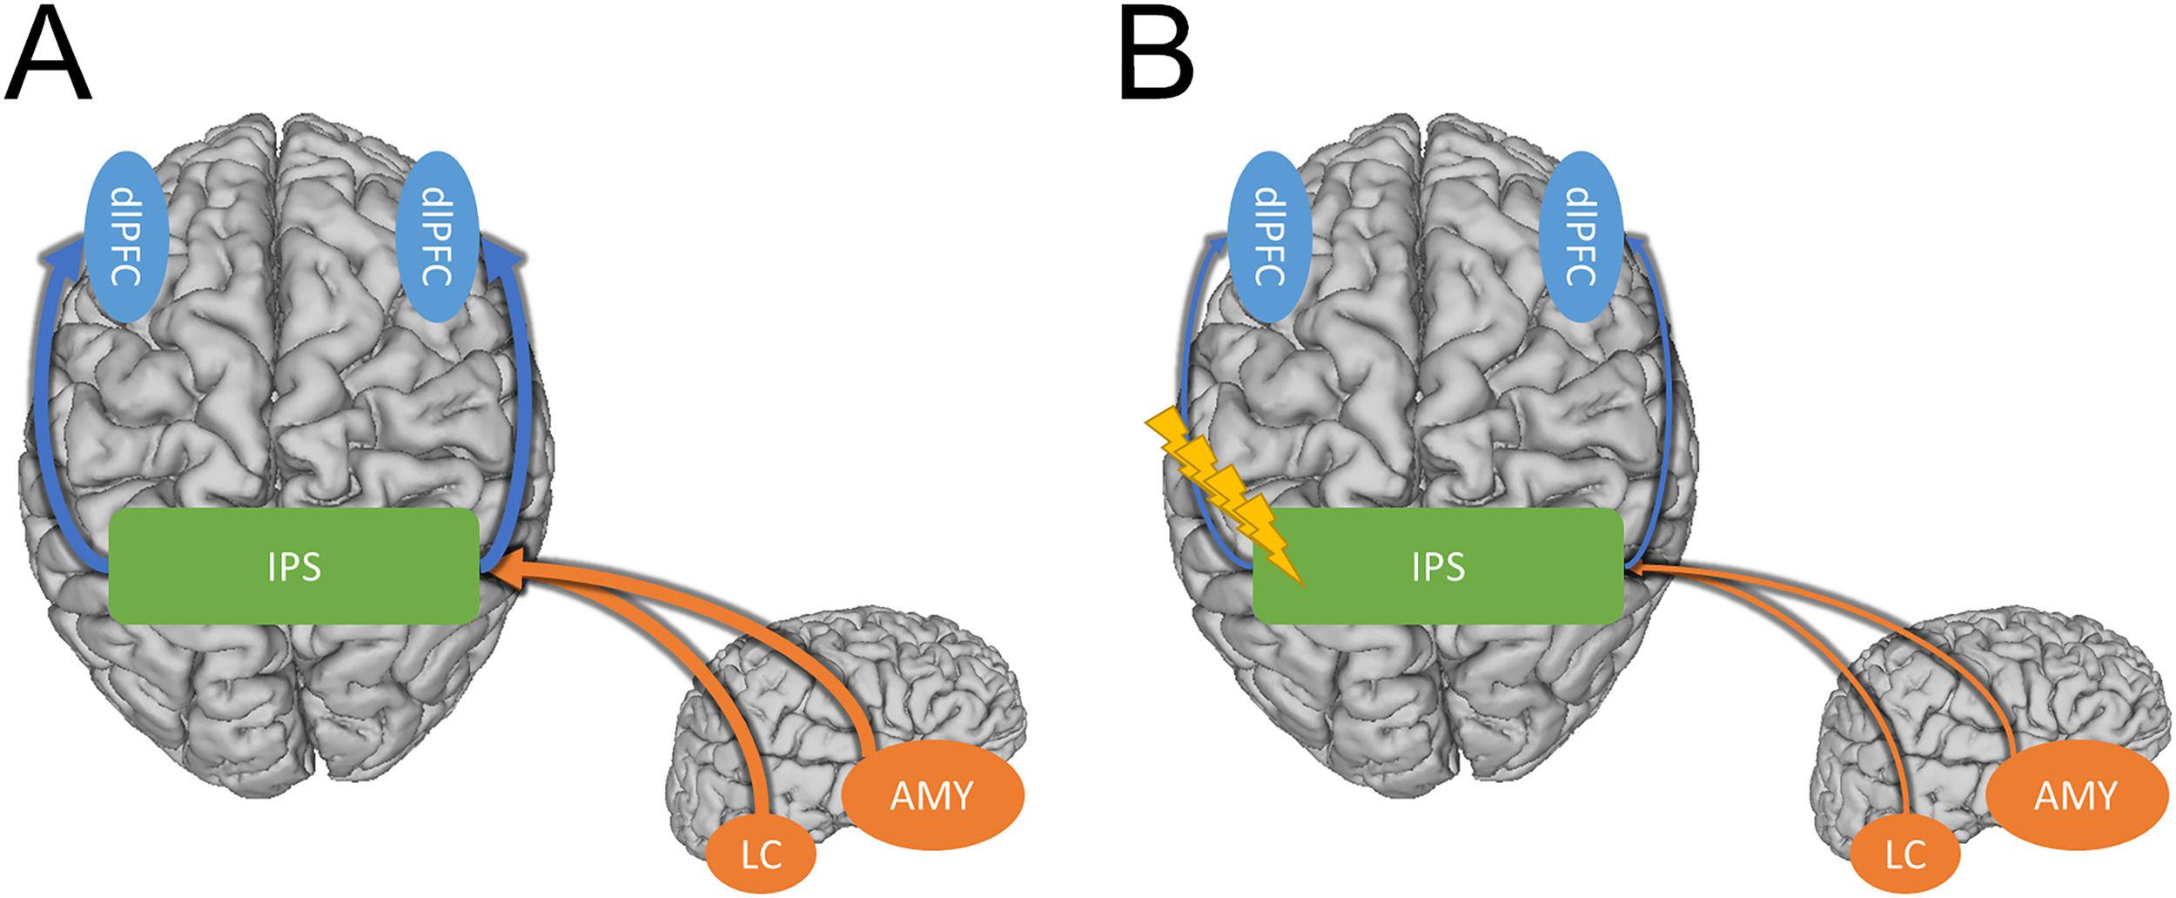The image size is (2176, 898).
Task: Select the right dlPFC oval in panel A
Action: [x=433, y=236]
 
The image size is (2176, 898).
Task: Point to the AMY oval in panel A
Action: [x=932, y=795]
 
